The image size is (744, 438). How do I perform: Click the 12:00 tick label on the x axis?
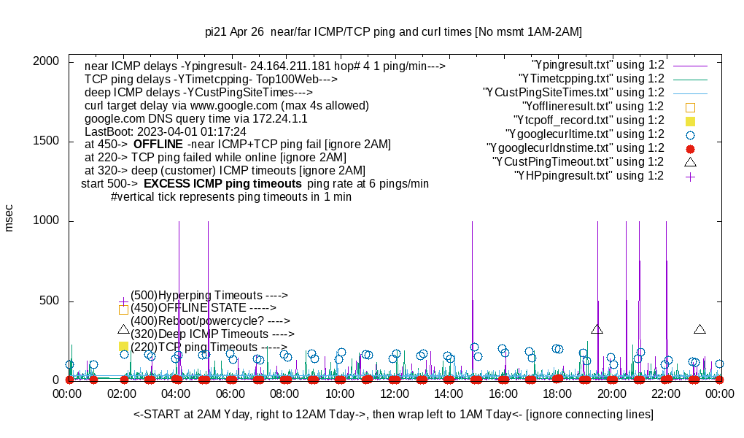pyautogui.click(x=395, y=394)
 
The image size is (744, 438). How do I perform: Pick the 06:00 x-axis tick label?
pyautogui.click(x=231, y=394)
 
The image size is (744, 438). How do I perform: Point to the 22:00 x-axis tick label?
pyautogui.click(x=666, y=394)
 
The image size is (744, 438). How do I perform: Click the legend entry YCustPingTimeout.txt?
pyautogui.click(x=578, y=162)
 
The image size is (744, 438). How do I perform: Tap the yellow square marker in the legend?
pyautogui.click(x=691, y=121)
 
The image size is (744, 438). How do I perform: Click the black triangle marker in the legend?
pyautogui.click(x=691, y=162)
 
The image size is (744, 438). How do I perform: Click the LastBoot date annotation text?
pyautogui.click(x=166, y=132)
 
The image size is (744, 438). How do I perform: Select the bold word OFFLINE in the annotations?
pyautogui.click(x=158, y=145)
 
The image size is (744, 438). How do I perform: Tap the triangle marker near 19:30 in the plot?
pyautogui.click(x=597, y=329)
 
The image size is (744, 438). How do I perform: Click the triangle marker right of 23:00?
pyautogui.click(x=700, y=329)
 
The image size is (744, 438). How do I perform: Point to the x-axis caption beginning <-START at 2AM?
pyautogui.click(x=393, y=415)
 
